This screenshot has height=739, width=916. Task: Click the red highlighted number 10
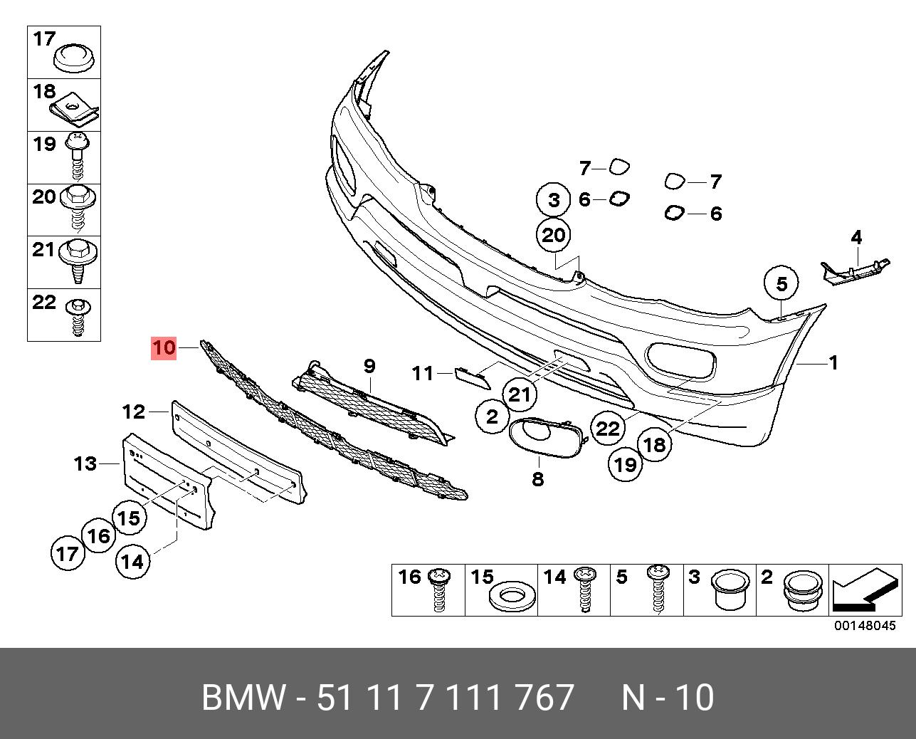163,348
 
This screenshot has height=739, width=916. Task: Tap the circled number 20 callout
554,234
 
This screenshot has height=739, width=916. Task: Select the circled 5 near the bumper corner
781,284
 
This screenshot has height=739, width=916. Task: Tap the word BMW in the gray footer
243,698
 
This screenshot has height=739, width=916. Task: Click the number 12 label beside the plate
133,412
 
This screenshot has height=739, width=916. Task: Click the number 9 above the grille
369,366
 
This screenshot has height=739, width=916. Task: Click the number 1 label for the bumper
833,363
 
